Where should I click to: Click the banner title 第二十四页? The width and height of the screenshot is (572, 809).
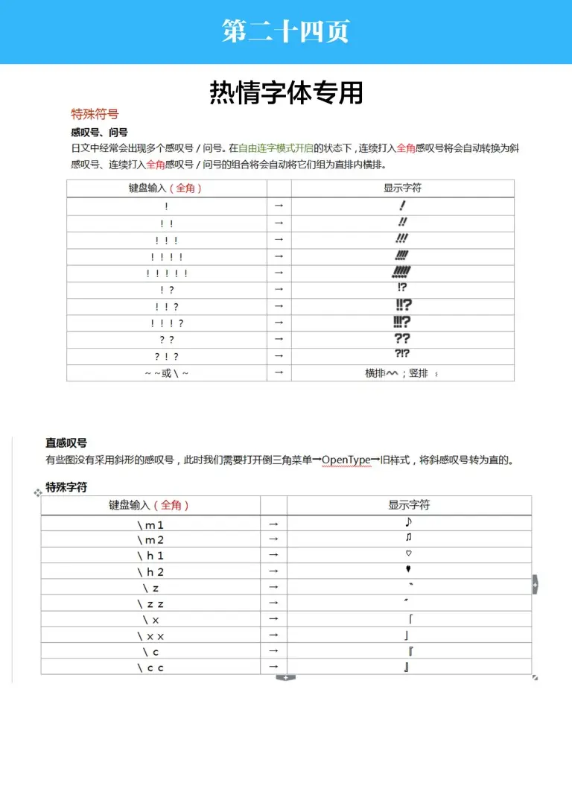(x=285, y=31)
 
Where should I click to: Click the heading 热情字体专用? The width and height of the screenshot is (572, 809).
(x=286, y=92)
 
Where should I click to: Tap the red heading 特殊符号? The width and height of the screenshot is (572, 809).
(x=95, y=114)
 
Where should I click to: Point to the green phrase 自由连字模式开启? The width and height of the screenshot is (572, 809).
(x=276, y=148)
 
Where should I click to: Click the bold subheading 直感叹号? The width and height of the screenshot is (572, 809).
(x=66, y=443)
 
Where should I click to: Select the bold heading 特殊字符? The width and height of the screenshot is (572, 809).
(x=66, y=487)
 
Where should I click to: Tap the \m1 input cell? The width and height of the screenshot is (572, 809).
(x=150, y=524)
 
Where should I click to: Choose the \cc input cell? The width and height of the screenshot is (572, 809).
(x=150, y=667)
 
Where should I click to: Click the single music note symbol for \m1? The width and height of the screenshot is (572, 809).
(x=408, y=522)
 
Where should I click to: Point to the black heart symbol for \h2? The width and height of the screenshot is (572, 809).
(x=409, y=571)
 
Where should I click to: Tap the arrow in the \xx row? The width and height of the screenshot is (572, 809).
(x=273, y=635)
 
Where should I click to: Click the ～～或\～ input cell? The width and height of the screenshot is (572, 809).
(x=167, y=373)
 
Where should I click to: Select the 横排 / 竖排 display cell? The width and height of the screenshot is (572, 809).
(x=402, y=373)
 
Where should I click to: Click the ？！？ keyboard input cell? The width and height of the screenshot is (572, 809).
(x=167, y=356)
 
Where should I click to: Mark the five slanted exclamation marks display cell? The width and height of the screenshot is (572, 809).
(x=402, y=273)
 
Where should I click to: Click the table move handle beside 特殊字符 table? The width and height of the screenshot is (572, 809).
(x=37, y=492)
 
